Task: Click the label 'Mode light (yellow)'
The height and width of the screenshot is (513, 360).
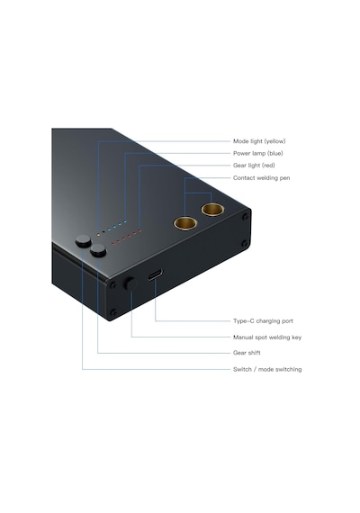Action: click(x=259, y=141)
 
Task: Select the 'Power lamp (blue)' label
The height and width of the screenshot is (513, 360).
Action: click(x=258, y=153)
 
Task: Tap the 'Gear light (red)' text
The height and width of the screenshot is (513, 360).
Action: click(x=254, y=166)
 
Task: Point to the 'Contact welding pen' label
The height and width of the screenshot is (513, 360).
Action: click(x=262, y=178)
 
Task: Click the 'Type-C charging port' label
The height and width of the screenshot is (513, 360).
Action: click(x=263, y=321)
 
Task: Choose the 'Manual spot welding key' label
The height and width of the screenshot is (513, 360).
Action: click(x=267, y=337)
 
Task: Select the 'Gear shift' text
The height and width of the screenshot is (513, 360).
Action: click(x=247, y=353)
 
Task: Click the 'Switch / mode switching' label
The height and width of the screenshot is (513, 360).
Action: click(x=267, y=369)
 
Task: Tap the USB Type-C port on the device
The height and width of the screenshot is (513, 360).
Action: click(x=155, y=274)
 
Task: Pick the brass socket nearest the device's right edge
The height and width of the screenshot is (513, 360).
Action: click(x=212, y=210)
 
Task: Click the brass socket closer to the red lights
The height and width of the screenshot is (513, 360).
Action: click(x=185, y=223)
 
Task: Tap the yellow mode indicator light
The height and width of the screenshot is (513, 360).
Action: click(x=98, y=234)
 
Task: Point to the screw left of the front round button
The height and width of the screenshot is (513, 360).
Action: click(x=112, y=285)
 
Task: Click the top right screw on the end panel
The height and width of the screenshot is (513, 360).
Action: click(x=245, y=217)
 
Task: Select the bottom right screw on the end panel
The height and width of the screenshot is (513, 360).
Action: click(x=245, y=243)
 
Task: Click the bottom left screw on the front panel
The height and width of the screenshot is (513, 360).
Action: click(x=113, y=312)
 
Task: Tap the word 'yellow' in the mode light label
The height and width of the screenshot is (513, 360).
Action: click(x=274, y=141)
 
